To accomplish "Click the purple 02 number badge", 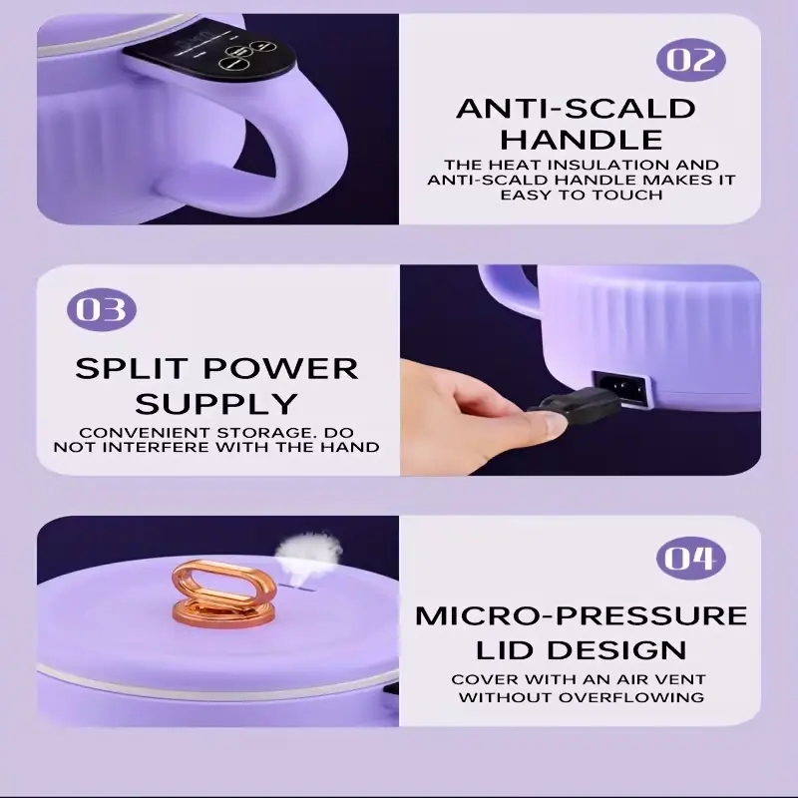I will click(691, 59).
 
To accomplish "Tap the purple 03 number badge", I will click(102, 310).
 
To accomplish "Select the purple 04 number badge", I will click(691, 559).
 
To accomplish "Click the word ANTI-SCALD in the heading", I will click(576, 109).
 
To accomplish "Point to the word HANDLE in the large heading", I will click(582, 139).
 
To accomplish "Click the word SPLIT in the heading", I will click(134, 368).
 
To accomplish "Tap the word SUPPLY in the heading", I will click(216, 403).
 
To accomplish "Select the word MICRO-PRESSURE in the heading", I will click(582, 615).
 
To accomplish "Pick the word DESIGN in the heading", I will click(618, 649).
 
